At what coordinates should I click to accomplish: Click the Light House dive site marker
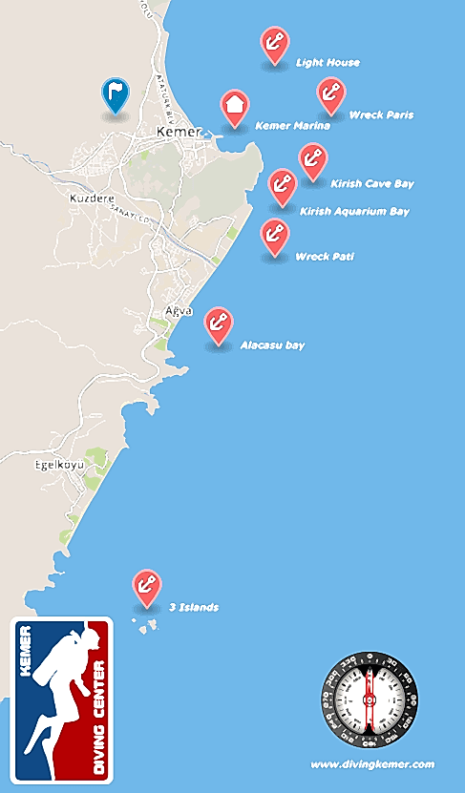click(x=275, y=43)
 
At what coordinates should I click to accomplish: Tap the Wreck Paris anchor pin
click(x=330, y=94)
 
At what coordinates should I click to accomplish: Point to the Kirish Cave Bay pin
click(x=312, y=160)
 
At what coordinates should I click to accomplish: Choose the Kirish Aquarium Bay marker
click(x=282, y=185)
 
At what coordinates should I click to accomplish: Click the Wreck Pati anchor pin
click(x=275, y=236)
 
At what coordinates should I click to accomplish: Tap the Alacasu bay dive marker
click(x=219, y=323)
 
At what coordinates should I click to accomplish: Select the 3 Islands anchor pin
click(x=146, y=586)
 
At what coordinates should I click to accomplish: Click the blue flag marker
click(x=115, y=94)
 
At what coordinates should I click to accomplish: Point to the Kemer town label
click(x=180, y=131)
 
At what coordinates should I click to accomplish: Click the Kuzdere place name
click(x=92, y=198)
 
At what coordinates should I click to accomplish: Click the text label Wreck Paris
click(x=382, y=115)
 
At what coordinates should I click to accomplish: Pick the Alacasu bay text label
click(x=272, y=344)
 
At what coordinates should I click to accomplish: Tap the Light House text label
click(x=328, y=63)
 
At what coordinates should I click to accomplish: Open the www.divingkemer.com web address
click(x=372, y=764)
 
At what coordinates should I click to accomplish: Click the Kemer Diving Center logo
click(x=61, y=699)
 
